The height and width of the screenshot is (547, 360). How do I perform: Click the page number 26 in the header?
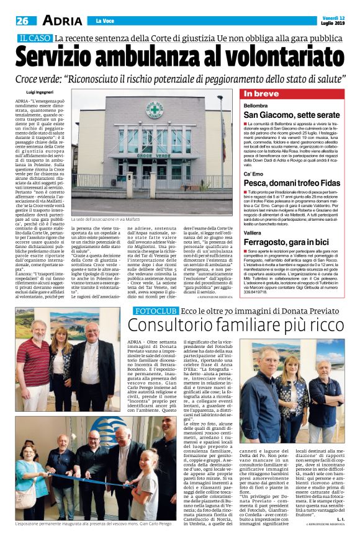pos(22,20)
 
